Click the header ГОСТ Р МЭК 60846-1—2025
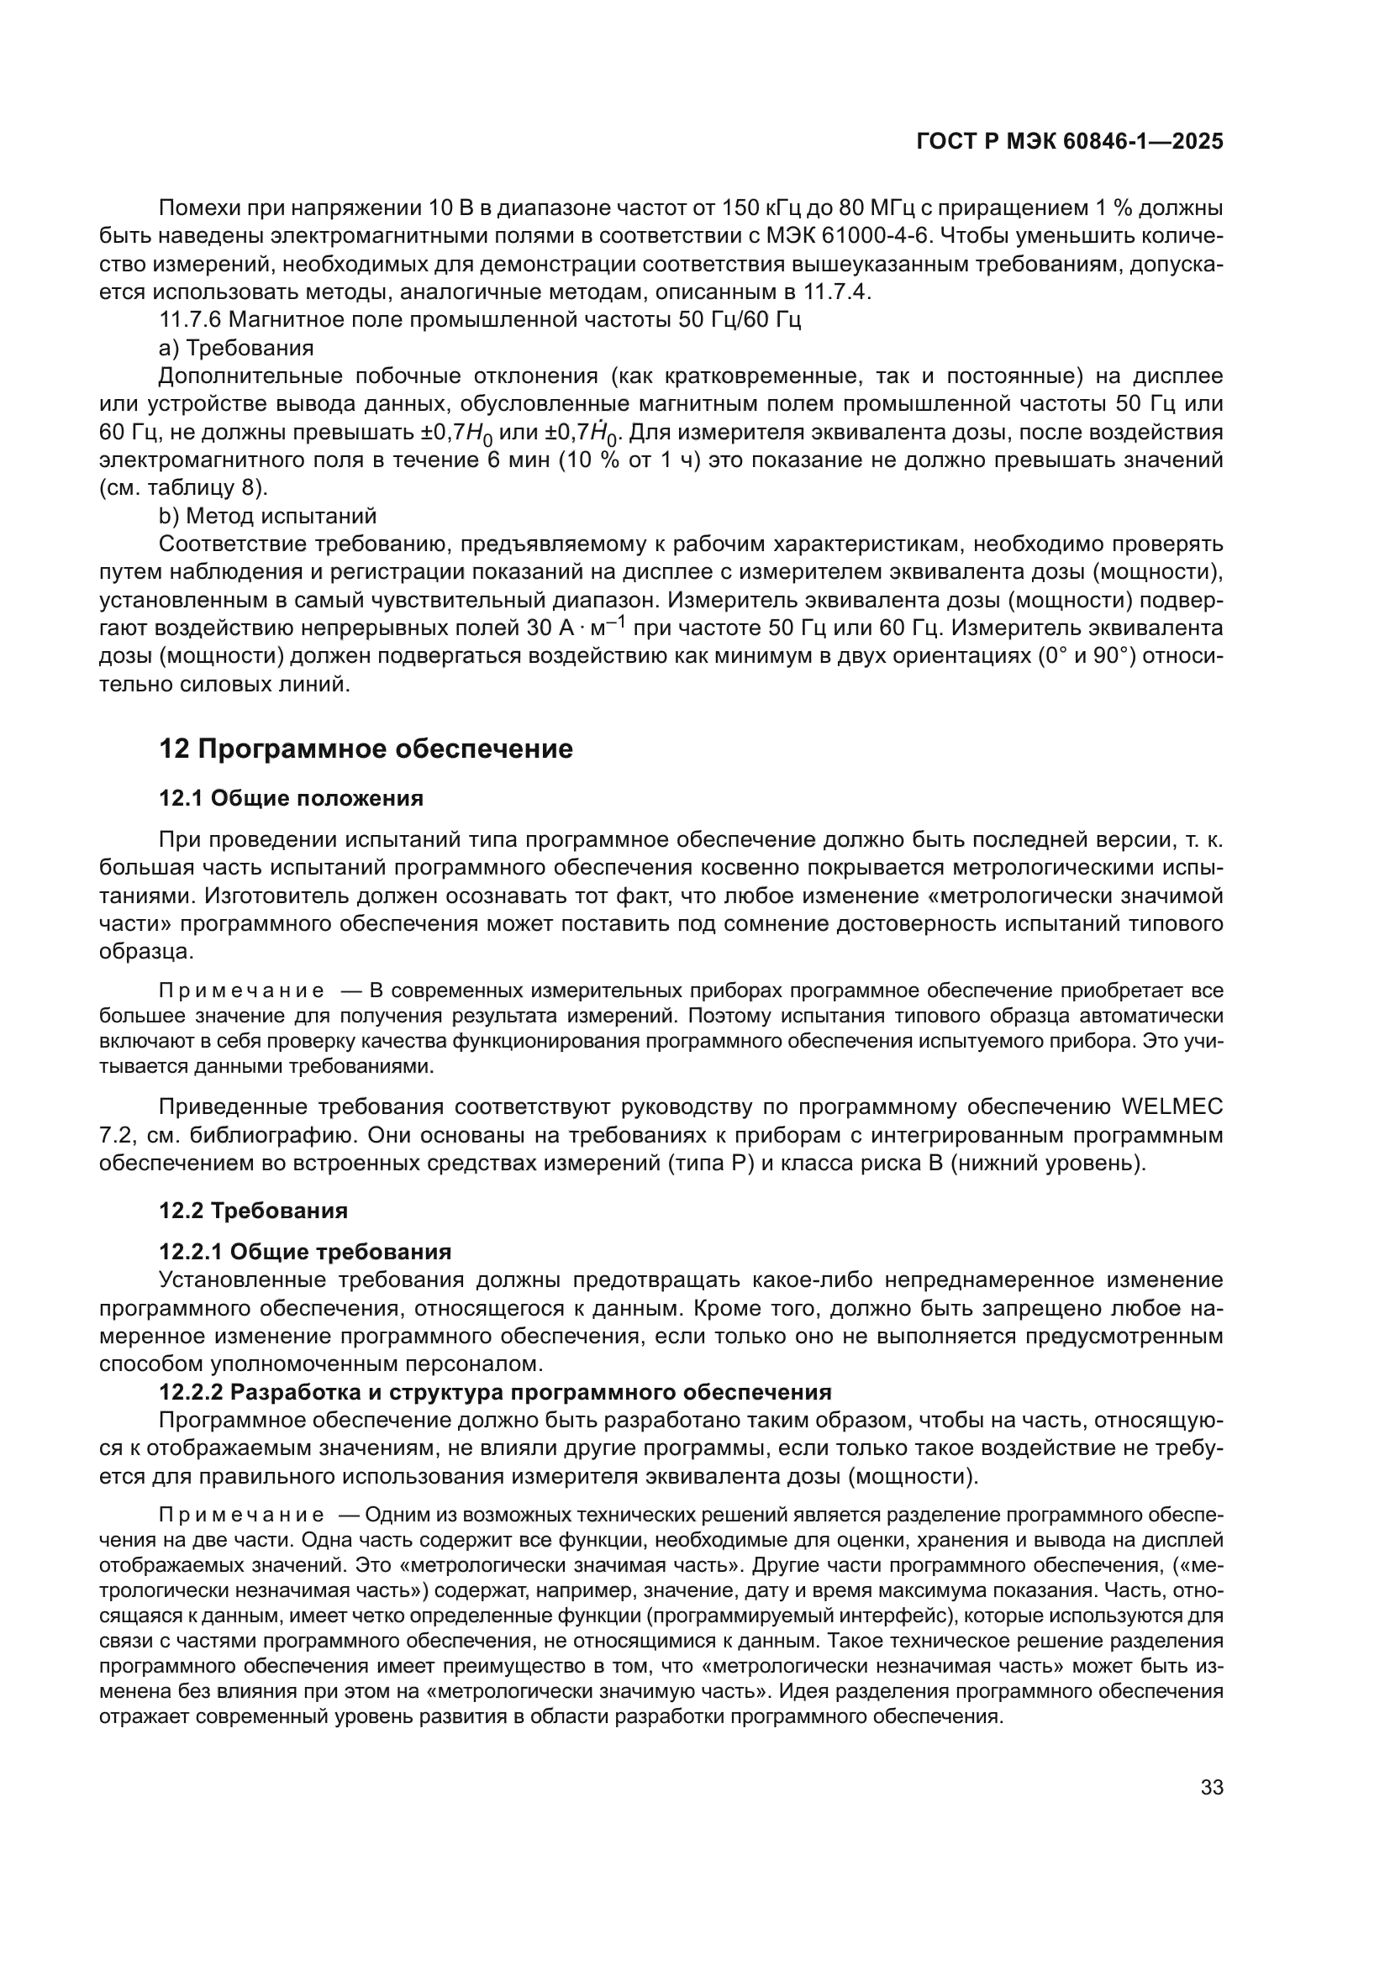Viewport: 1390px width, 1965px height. [1069, 142]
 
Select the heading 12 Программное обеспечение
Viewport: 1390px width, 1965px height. [366, 749]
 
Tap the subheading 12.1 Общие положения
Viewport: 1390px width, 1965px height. [291, 798]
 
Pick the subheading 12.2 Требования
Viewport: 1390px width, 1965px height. [253, 1210]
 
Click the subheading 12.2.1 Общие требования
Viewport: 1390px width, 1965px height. [305, 1252]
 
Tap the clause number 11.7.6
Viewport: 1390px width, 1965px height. [190, 320]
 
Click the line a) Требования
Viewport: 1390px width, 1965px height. [236, 349]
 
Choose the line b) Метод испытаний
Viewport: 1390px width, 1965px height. [268, 516]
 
